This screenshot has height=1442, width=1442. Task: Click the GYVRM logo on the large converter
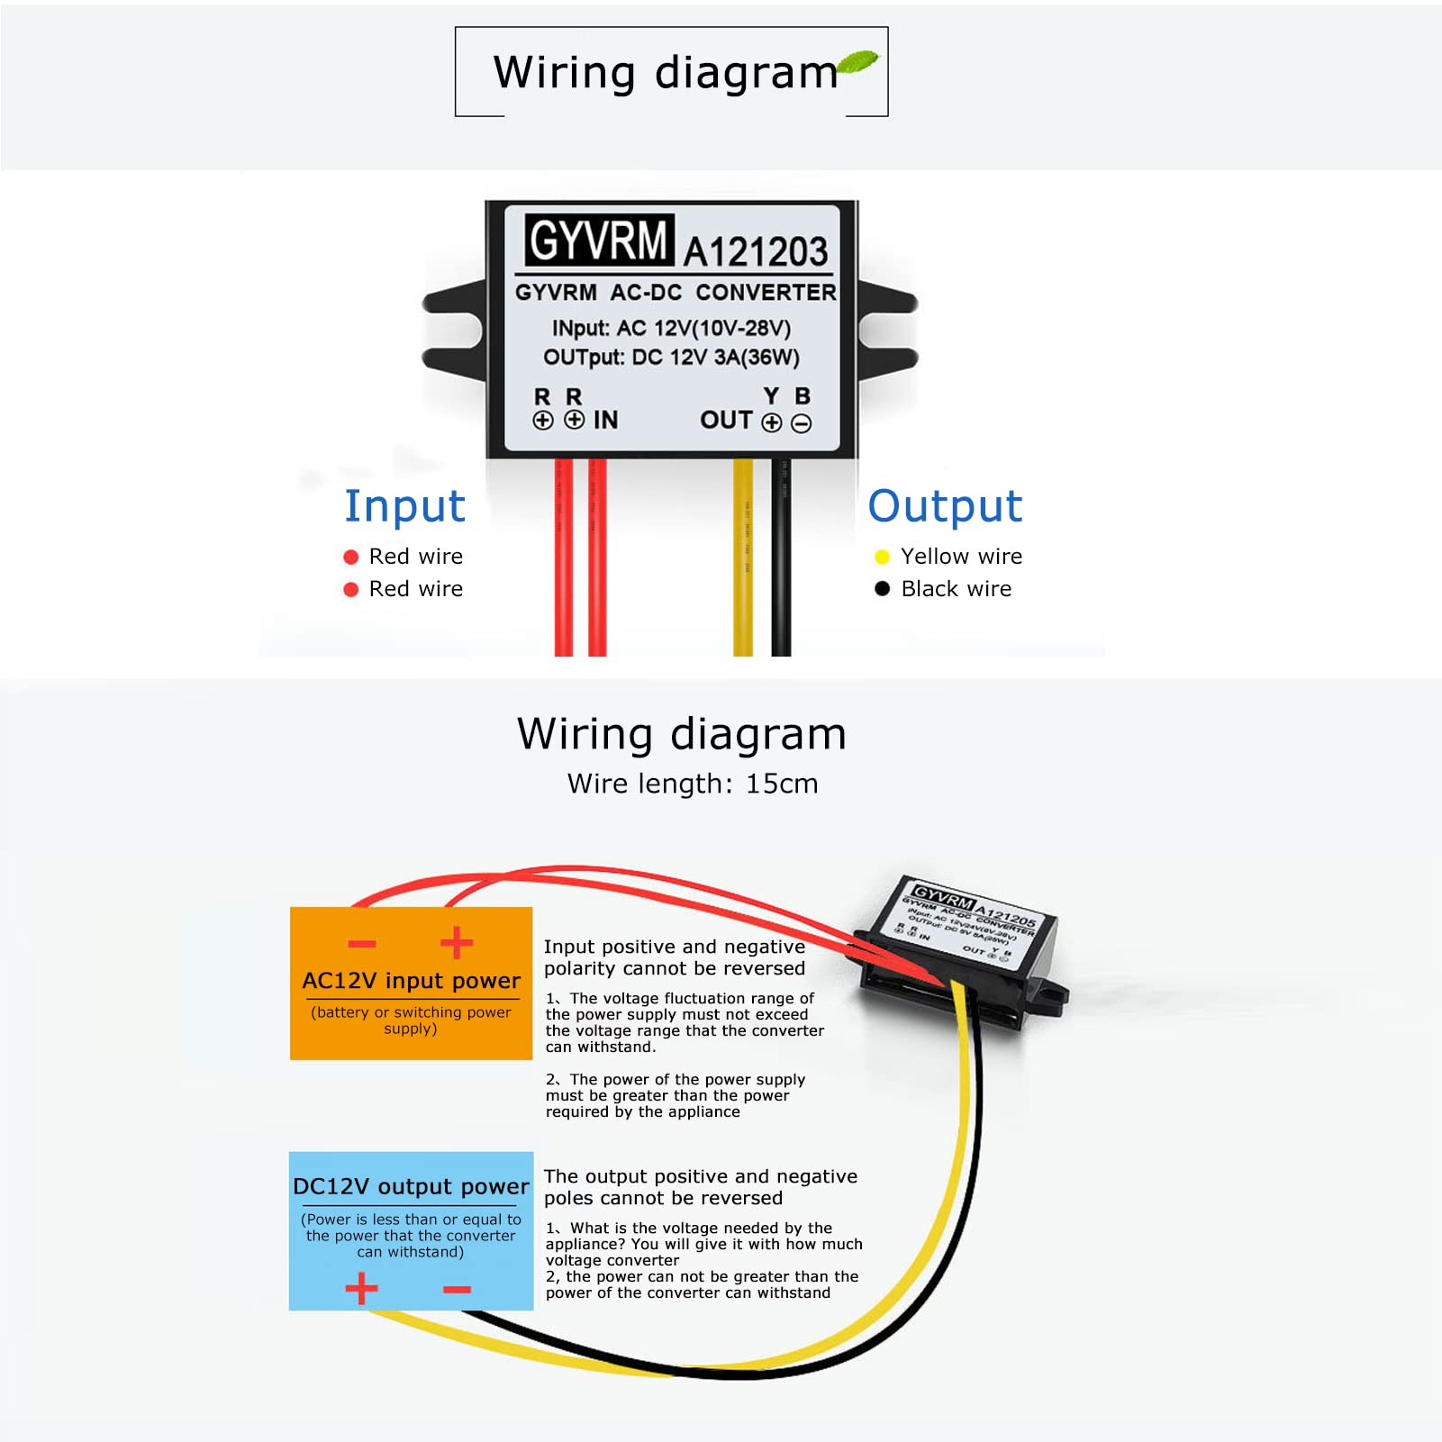(599, 240)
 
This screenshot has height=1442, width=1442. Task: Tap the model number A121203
(755, 251)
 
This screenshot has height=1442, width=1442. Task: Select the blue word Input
(404, 506)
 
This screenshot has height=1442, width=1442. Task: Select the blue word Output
(945, 506)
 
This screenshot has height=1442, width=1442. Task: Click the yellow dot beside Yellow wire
(882, 557)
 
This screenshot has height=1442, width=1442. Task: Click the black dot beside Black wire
(882, 588)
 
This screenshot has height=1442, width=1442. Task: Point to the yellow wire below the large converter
(743, 558)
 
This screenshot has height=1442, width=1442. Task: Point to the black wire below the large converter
(781, 558)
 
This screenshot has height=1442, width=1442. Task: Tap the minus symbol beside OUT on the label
(801, 423)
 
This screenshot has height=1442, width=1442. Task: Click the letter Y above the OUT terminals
(771, 396)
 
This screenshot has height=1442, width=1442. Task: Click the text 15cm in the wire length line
(781, 784)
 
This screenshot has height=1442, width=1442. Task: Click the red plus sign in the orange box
(457, 942)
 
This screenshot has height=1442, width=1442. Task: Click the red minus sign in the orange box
(362, 944)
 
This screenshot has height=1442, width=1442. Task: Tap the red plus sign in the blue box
(361, 1288)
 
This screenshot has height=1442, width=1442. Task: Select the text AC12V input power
(411, 981)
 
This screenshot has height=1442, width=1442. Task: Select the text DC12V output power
(411, 1186)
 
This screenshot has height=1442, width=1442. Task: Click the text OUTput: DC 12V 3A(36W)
(671, 358)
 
